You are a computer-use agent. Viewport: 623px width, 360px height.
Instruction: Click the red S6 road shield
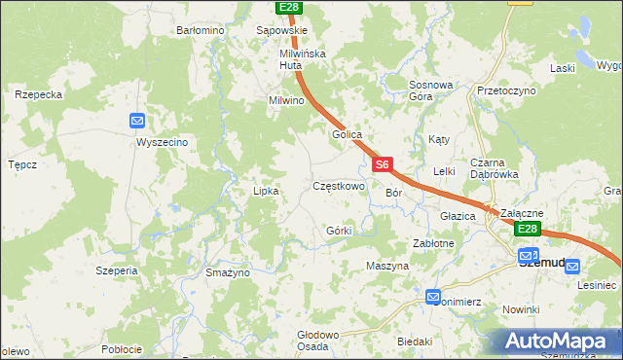point(384,165)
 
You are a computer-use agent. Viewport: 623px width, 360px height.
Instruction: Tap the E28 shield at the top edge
point(288,7)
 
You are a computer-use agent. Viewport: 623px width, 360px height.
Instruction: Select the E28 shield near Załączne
point(527,229)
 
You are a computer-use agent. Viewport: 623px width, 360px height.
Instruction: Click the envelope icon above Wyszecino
point(137,121)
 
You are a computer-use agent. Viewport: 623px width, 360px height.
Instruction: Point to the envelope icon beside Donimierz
point(433,296)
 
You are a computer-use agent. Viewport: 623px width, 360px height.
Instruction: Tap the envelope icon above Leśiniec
point(571,266)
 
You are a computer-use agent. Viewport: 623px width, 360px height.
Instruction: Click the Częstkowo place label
point(338,185)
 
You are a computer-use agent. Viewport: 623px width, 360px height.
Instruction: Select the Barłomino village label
point(201,30)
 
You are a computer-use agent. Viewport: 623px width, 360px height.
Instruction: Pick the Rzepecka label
point(39,94)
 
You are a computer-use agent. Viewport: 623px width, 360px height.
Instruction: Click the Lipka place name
point(266,191)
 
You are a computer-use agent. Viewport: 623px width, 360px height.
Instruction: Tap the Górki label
point(339,231)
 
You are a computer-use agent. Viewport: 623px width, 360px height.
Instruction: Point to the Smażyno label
point(228,273)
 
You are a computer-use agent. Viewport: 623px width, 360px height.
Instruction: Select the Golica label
point(348,134)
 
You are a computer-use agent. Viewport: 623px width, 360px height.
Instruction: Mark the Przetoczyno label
point(506,90)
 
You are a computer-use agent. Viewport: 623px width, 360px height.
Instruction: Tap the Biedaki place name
point(415,342)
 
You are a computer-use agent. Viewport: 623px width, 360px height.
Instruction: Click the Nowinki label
point(521,309)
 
